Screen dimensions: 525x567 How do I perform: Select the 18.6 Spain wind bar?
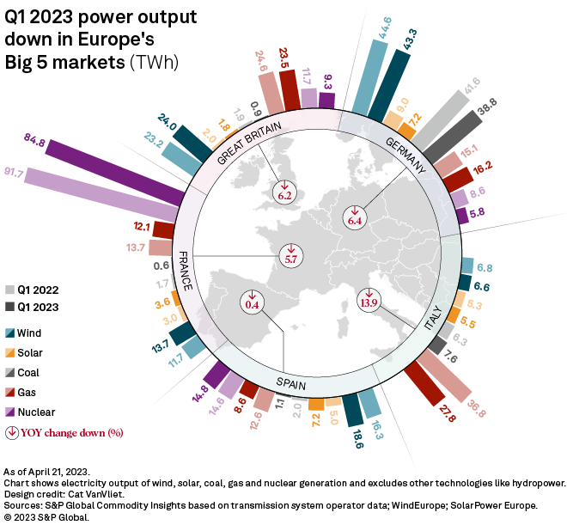[354, 413]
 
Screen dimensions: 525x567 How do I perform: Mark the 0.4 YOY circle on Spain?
[252, 302]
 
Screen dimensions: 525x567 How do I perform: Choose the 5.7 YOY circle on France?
[290, 256]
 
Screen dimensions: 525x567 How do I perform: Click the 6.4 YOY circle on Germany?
[355, 220]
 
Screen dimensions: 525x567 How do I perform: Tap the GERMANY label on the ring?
[405, 155]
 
